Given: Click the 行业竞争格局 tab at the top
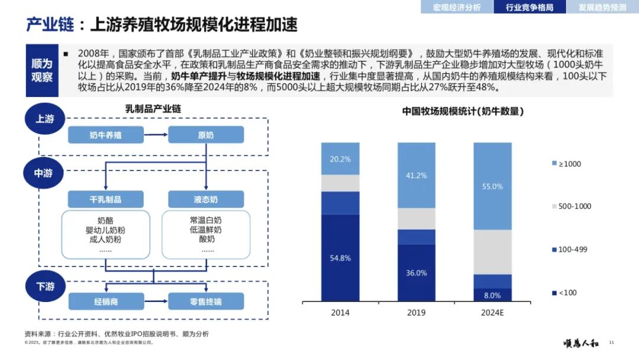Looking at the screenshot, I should (x=530, y=7).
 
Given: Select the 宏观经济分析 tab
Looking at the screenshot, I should (x=457, y=7).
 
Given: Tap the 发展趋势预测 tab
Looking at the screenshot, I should (x=602, y=7).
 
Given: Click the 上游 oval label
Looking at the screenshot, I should (x=44, y=118).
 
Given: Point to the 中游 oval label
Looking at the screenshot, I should (x=44, y=173).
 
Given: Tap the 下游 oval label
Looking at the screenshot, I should (x=44, y=286).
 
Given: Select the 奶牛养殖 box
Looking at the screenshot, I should (x=105, y=135).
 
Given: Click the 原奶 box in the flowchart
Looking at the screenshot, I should (x=205, y=135).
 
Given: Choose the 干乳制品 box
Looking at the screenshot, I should (x=105, y=199).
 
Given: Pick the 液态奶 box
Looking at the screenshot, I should (x=205, y=199).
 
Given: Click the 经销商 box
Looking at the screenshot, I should (x=105, y=301).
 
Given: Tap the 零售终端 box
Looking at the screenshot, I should (x=205, y=301).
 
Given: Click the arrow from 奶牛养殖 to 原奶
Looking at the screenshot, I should (x=156, y=135).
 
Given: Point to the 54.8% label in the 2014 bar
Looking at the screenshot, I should (x=340, y=258).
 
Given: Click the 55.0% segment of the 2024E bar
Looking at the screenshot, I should (x=492, y=186).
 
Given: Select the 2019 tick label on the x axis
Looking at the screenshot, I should (x=417, y=313).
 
